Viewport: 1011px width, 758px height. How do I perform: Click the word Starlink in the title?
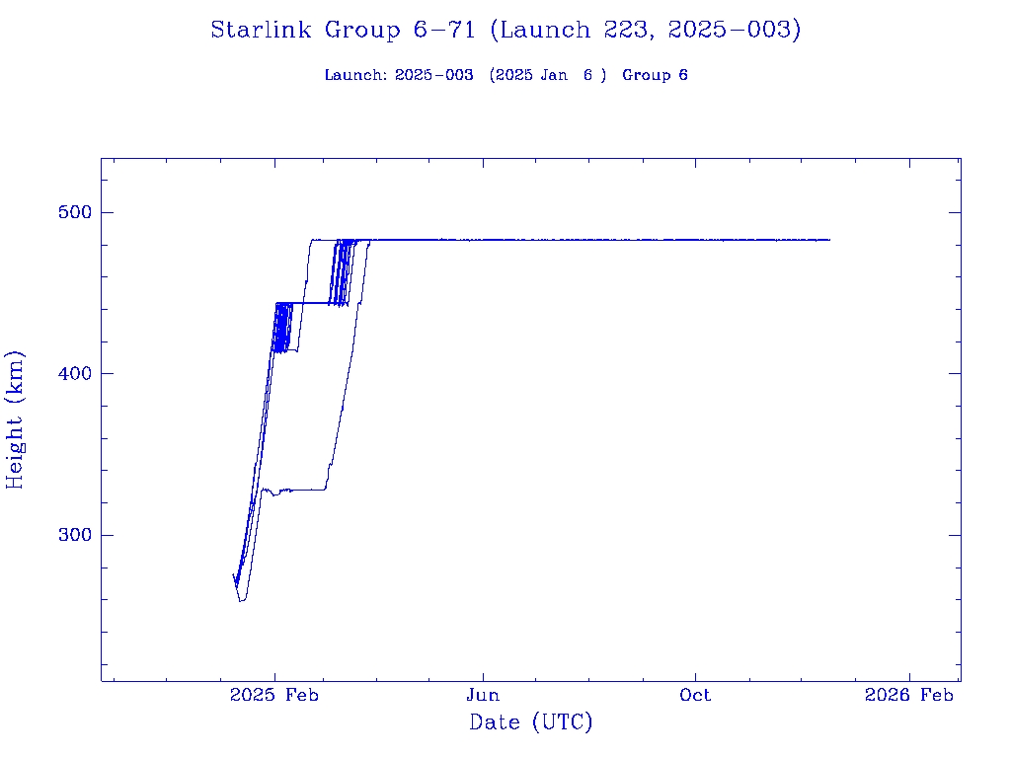[x=256, y=31]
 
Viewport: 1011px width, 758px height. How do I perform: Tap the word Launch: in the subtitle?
[x=355, y=75]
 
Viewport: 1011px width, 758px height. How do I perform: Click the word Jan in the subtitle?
[x=553, y=75]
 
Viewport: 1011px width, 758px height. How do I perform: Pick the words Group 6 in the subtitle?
[x=655, y=75]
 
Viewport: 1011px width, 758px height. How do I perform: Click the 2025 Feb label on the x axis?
[x=274, y=696]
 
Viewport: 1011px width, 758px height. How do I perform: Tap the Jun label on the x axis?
[x=483, y=696]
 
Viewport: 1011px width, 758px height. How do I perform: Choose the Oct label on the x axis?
[x=695, y=696]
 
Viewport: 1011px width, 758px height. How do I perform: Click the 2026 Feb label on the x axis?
[x=908, y=696]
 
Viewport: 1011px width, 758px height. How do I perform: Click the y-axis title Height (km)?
[x=15, y=419]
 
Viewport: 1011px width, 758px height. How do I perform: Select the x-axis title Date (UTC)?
[x=531, y=723]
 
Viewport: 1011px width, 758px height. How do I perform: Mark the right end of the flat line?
[x=829, y=240]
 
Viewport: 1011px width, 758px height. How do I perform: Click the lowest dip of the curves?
[x=241, y=600]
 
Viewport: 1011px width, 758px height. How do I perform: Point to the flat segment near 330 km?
[x=301, y=490]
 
